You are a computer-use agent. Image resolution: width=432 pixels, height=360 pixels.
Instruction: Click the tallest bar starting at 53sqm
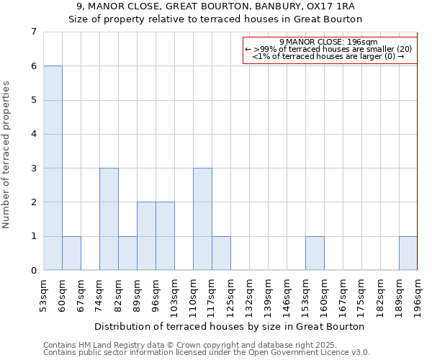(53, 168)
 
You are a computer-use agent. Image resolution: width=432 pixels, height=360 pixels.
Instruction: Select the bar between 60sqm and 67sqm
(71, 253)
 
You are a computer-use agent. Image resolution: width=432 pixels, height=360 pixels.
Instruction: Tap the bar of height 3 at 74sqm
(109, 219)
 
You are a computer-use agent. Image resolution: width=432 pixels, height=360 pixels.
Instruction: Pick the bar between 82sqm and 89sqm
(127, 253)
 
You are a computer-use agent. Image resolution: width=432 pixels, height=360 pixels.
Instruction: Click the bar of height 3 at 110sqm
(202, 219)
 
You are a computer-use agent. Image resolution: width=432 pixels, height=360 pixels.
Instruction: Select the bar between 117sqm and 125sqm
(221, 253)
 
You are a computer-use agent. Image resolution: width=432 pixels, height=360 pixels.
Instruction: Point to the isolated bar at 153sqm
(315, 253)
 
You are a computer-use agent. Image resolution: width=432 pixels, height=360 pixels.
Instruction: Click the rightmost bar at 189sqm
(408, 253)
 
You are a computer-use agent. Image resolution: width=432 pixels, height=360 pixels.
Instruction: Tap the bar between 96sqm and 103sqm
(165, 236)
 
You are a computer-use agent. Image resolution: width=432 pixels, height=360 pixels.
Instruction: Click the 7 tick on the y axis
(33, 32)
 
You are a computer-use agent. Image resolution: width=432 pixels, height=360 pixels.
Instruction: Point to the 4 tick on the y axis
(33, 134)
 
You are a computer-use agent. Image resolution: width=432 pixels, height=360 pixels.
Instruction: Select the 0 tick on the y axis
(33, 271)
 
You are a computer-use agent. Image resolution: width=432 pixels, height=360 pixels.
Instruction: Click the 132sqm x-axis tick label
(249, 294)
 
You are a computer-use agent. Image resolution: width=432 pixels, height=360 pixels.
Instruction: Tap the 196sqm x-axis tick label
(418, 294)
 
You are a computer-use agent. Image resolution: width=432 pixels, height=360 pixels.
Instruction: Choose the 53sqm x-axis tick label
(43, 294)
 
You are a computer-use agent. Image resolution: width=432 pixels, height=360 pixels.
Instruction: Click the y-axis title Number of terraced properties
(7, 155)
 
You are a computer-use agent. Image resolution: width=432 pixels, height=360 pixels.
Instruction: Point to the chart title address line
(215, 6)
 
